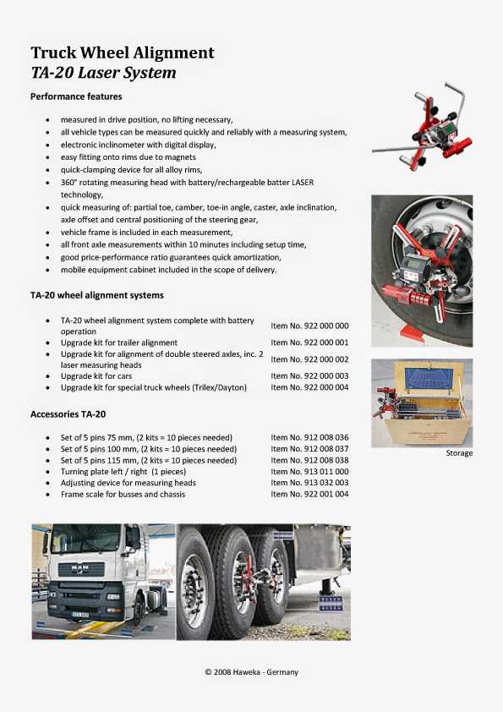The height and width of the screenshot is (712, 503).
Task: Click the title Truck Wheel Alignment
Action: [123, 52]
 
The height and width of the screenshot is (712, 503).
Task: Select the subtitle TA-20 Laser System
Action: [103, 73]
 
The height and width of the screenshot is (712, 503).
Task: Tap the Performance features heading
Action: [76, 97]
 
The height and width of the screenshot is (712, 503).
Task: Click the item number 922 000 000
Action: [309, 326]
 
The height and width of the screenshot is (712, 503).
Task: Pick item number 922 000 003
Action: [309, 375]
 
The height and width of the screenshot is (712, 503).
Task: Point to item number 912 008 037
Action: [309, 449]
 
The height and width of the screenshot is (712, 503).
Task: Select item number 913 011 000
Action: [309, 472]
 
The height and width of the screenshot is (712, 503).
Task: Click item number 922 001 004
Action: [309, 494]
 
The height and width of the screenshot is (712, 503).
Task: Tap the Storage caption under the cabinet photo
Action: [459, 453]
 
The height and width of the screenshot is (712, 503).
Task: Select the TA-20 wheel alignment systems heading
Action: [97, 296]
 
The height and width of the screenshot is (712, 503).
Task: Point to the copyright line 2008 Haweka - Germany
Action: [251, 672]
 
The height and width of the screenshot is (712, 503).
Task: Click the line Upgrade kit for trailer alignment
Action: [119, 342]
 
